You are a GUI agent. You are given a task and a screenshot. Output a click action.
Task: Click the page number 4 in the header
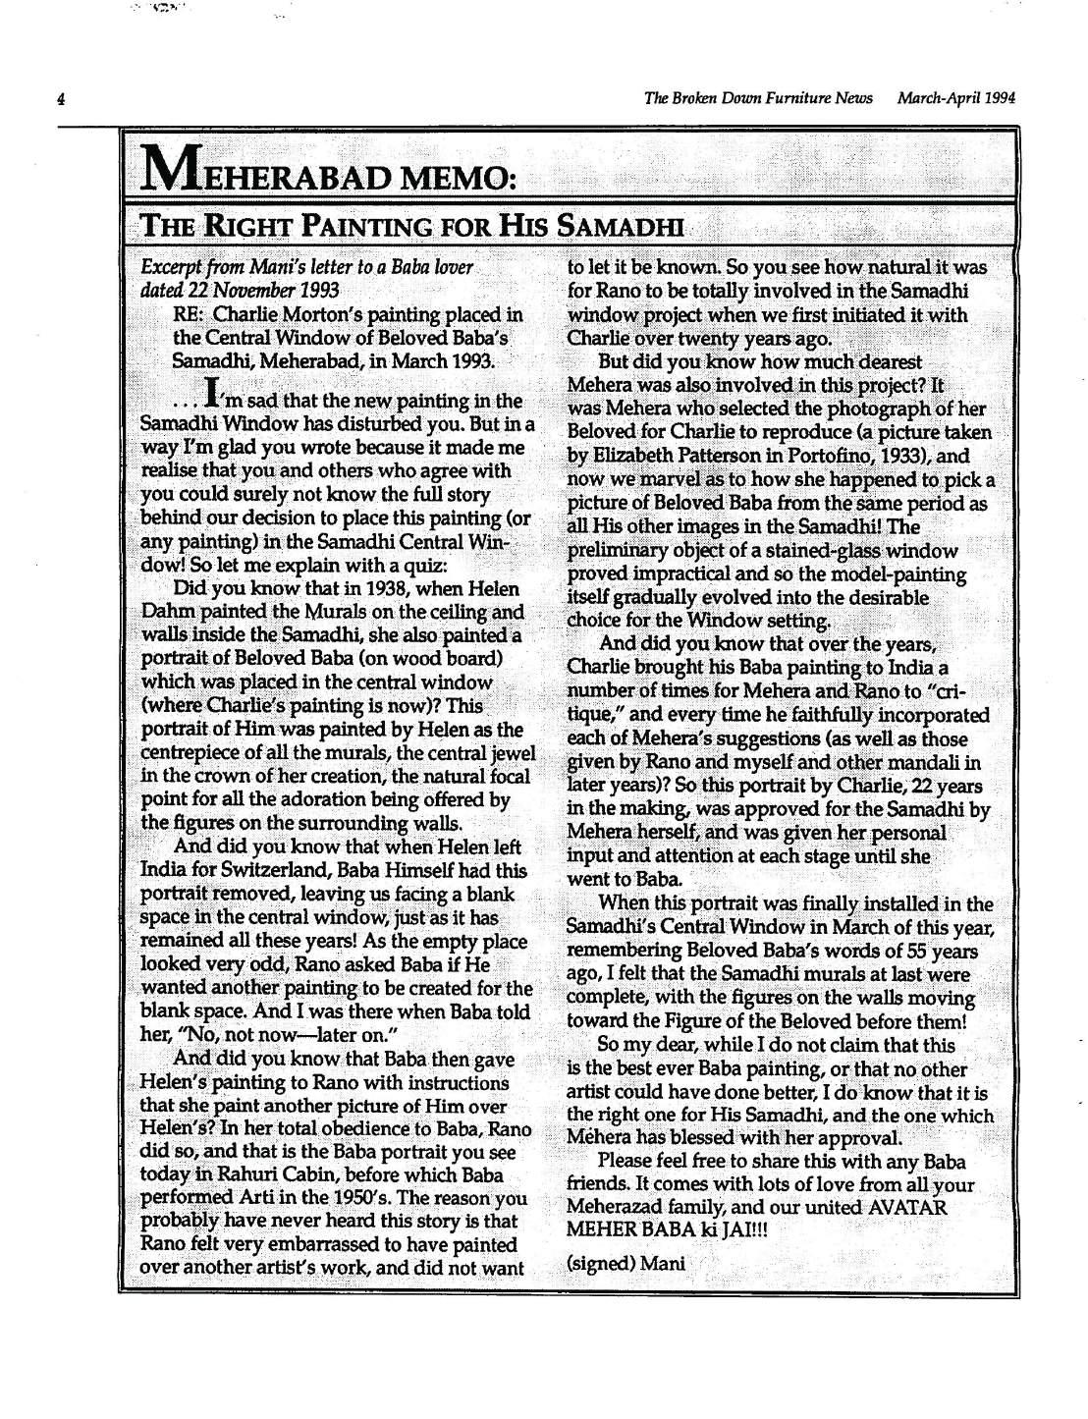point(60,99)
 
